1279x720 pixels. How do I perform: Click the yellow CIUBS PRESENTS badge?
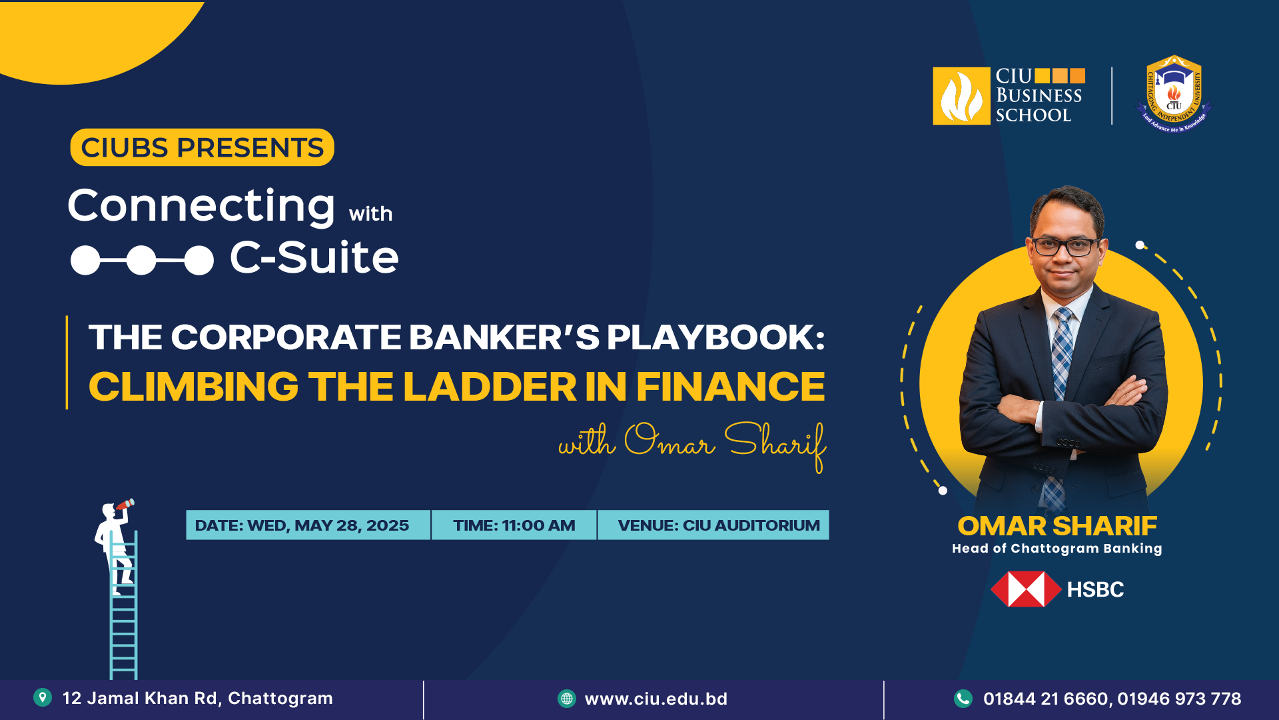pos(202,147)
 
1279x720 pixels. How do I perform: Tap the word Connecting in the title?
pos(201,206)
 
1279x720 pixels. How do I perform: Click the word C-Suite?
pos(314,257)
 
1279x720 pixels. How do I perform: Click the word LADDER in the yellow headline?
pos(490,387)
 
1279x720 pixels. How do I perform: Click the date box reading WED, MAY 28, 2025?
pos(308,525)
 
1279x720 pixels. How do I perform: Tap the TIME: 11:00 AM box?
pos(514,525)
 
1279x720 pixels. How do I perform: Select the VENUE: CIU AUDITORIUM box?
pos(713,525)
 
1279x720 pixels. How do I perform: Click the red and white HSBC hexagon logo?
pos(1026,589)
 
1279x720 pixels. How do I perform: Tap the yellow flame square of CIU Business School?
pos(961,96)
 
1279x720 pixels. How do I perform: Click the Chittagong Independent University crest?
pos(1174,94)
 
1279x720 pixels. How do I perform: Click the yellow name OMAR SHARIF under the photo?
pos(1057,526)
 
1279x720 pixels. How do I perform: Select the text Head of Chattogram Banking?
pos(1057,549)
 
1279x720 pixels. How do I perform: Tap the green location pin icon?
pos(43,697)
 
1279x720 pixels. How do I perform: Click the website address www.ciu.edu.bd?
pos(656,699)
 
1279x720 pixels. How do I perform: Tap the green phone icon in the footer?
pos(963,698)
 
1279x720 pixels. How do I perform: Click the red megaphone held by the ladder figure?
pos(125,505)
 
